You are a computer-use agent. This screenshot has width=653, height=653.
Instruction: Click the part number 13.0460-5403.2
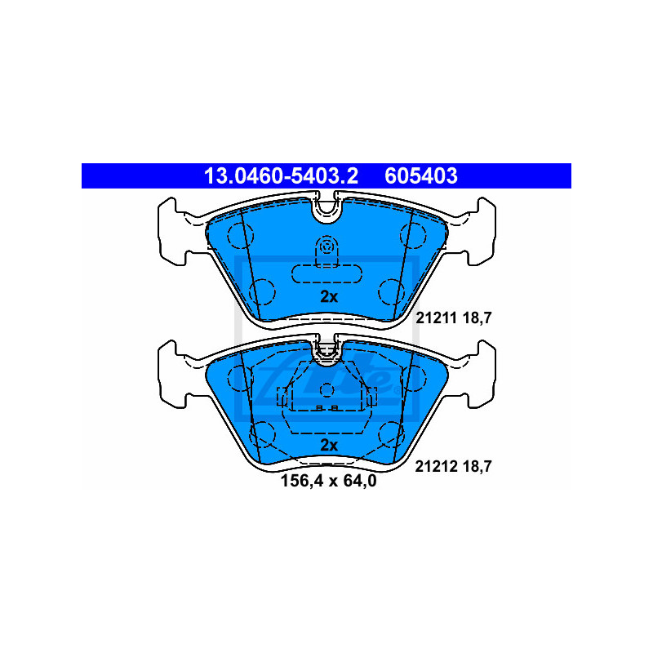click(281, 175)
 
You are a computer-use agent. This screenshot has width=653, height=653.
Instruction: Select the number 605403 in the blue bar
click(421, 175)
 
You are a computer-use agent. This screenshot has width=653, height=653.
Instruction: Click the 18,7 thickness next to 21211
click(478, 318)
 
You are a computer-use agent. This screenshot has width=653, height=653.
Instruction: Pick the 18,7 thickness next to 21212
click(478, 467)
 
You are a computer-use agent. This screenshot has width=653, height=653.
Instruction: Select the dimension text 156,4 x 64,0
click(329, 481)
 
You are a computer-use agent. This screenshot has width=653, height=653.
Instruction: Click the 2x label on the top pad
click(329, 297)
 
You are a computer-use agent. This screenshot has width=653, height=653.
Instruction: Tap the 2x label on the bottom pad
click(329, 446)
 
